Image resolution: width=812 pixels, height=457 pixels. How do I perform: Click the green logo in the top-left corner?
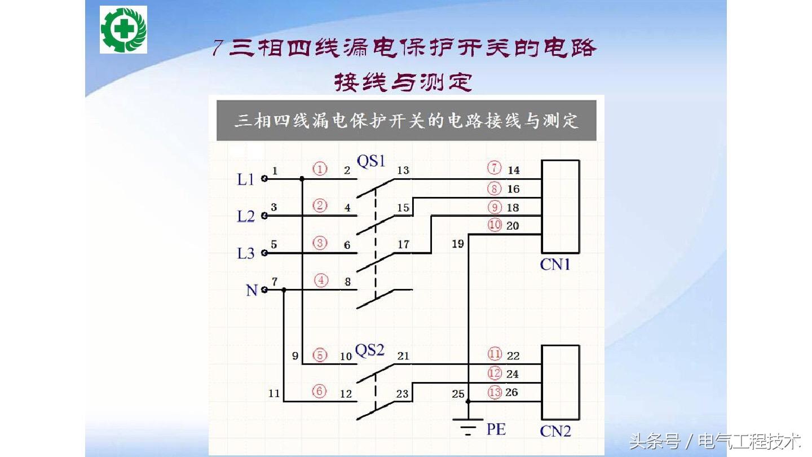tap(123, 29)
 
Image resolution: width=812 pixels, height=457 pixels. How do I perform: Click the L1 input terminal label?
tap(246, 179)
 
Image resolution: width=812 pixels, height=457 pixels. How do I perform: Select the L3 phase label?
tap(246, 253)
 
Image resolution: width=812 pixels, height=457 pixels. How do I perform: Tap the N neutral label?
tap(251, 291)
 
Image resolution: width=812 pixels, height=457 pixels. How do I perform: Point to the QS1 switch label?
tap(371, 161)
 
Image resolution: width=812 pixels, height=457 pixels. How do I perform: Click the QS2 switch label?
tap(370, 350)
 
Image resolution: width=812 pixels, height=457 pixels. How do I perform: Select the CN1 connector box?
tap(560, 206)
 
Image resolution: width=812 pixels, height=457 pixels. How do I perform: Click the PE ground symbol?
tap(468, 427)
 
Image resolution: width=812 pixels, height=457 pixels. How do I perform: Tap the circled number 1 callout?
tap(320, 169)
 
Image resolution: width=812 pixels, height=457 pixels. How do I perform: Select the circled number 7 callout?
tap(495, 169)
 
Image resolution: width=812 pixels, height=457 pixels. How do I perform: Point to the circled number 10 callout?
tap(495, 225)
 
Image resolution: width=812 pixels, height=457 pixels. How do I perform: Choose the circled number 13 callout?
tap(495, 392)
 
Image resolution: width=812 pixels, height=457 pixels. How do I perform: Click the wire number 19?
tap(458, 244)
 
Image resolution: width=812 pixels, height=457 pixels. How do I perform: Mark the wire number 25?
tap(458, 393)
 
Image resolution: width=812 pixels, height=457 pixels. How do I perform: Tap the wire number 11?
tap(274, 393)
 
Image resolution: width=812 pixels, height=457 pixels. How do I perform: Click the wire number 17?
tap(403, 245)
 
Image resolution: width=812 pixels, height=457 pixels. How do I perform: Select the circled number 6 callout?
tap(320, 392)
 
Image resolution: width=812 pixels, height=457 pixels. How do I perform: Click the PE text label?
tap(496, 429)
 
